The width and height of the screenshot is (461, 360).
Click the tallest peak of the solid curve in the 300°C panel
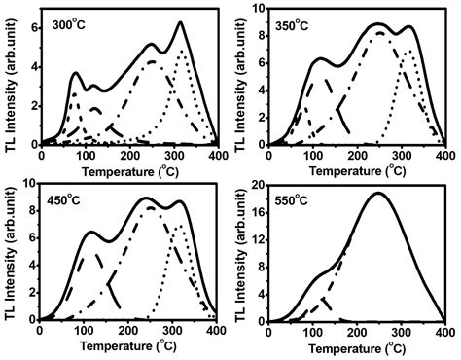(180, 22)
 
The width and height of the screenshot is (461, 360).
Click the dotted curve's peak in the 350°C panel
(409, 51)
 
